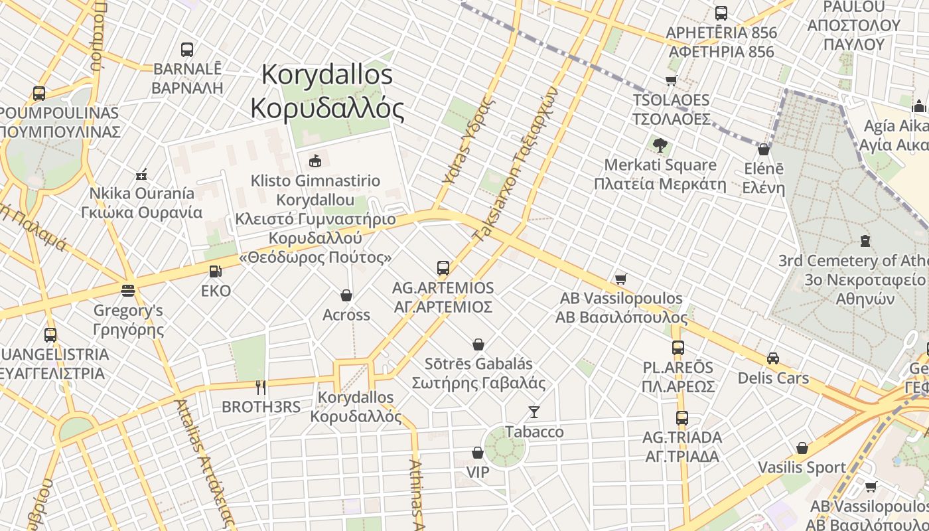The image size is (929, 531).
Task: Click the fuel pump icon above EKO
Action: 214,271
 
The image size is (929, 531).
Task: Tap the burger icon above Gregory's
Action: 128,291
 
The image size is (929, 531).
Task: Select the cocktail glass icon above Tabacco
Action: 534,412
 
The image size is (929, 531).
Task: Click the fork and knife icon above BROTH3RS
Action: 261,387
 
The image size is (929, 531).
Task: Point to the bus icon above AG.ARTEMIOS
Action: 443,268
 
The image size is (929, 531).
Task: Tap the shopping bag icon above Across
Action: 346,295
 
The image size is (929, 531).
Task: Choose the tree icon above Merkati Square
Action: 660,145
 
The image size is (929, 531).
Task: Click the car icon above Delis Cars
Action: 773,358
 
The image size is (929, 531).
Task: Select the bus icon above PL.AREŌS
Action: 678,348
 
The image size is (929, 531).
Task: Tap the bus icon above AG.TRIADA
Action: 681,418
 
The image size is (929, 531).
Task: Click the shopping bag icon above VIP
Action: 477,453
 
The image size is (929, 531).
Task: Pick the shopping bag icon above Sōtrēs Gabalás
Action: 478,344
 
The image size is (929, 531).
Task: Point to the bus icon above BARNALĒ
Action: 187,49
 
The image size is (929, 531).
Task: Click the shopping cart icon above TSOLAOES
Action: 671,81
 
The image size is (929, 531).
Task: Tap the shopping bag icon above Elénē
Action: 763,149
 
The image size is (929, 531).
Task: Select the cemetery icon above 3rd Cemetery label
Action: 865,240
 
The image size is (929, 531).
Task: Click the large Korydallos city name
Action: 328,91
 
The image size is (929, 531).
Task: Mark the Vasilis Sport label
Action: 802,467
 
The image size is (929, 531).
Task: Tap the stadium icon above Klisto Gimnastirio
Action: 315,161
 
